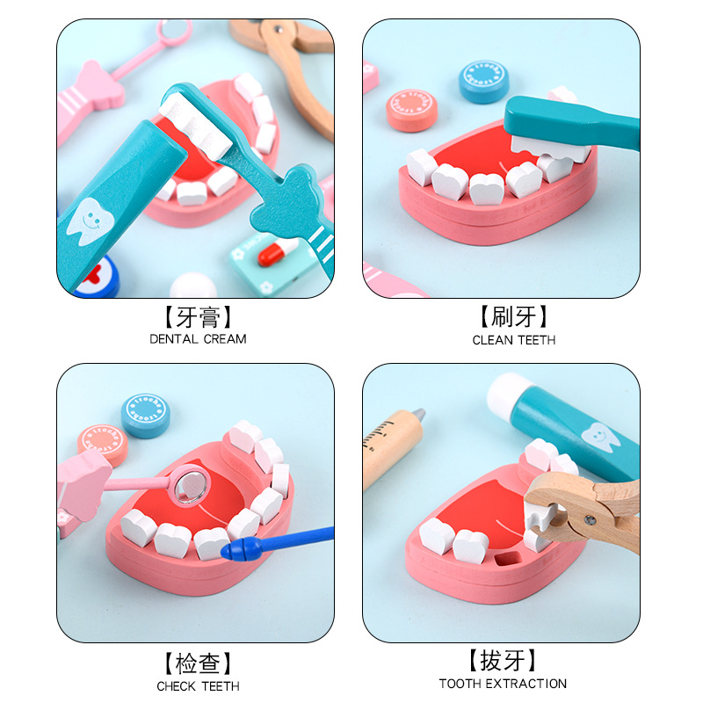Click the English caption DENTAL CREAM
click(198, 339)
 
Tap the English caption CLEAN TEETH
click(514, 340)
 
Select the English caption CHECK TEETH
click(198, 686)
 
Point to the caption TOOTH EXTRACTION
click(503, 684)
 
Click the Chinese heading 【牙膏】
click(198, 317)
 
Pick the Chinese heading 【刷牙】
click(514, 316)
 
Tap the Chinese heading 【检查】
click(198, 663)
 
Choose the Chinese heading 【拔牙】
click(503, 661)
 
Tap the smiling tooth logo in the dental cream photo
click(91, 221)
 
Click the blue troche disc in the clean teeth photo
click(484, 81)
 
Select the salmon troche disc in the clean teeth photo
click(411, 111)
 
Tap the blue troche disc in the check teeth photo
click(146, 416)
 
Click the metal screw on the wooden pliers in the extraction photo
click(590, 520)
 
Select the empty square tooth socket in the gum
click(508, 558)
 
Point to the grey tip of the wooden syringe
click(419, 414)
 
